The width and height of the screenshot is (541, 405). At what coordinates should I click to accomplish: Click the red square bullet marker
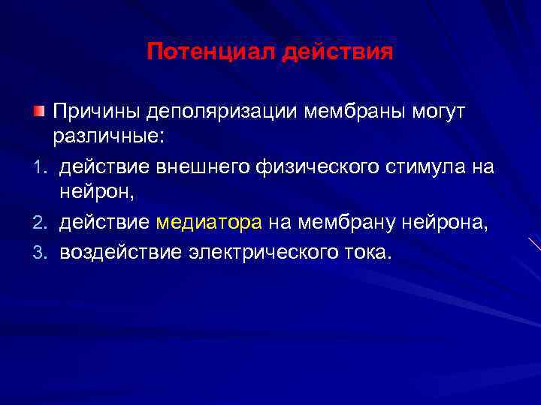tap(38, 112)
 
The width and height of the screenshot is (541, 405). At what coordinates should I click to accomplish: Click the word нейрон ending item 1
tap(96, 194)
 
